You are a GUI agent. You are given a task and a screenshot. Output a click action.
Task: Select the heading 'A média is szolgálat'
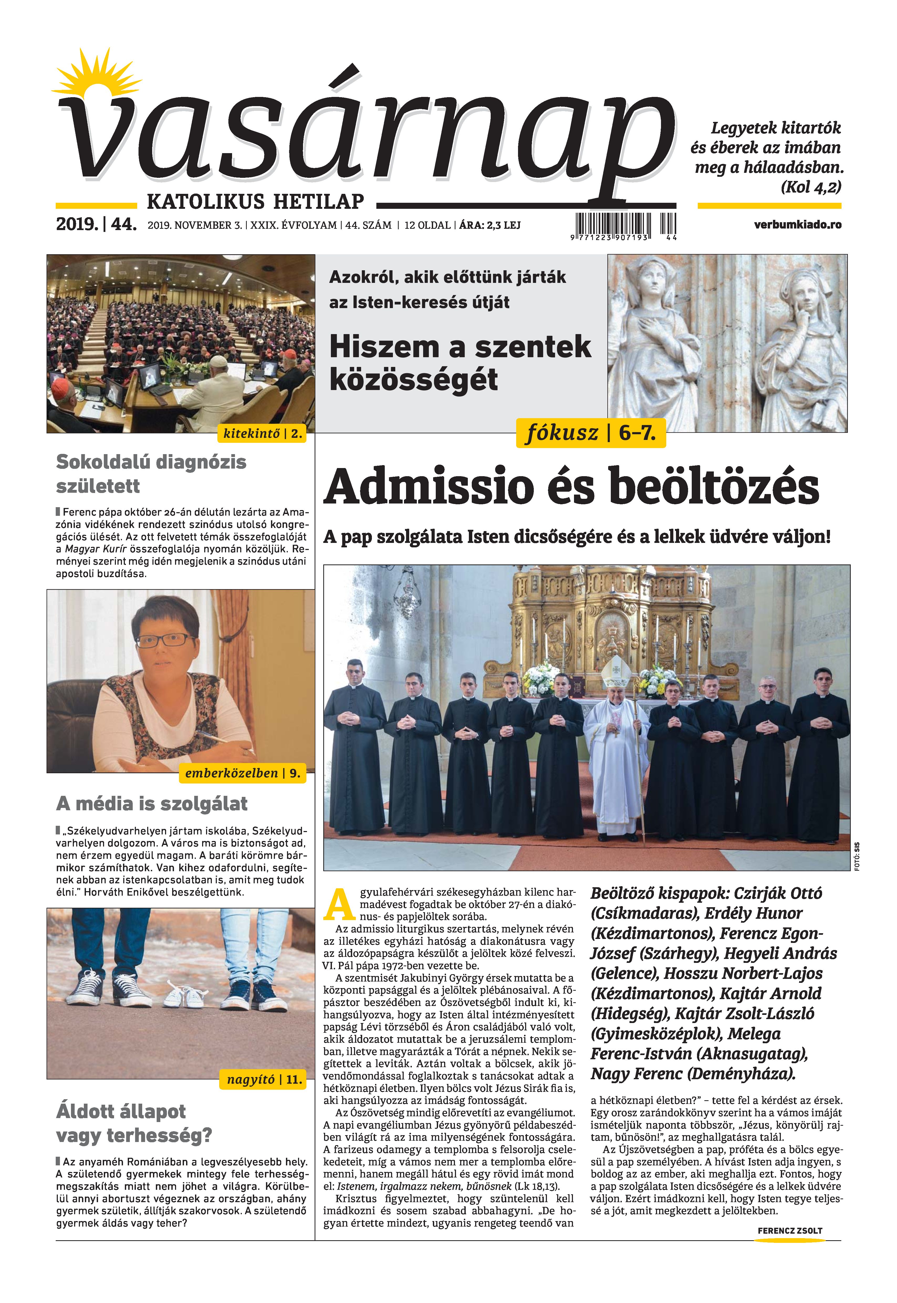click(x=152, y=804)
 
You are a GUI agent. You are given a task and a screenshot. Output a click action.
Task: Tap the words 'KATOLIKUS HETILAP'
click(x=255, y=201)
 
